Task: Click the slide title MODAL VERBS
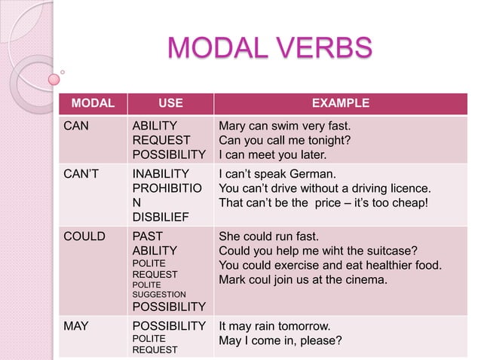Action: (x=270, y=47)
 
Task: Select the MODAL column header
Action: (x=92, y=103)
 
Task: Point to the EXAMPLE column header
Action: (x=340, y=103)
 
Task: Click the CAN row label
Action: (x=76, y=126)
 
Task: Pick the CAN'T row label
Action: (x=80, y=175)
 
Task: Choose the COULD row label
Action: (x=84, y=236)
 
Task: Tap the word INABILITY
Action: (x=161, y=175)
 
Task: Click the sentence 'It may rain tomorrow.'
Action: (x=274, y=326)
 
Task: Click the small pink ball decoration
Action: (x=54, y=78)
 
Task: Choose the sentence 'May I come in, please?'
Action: (x=280, y=340)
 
